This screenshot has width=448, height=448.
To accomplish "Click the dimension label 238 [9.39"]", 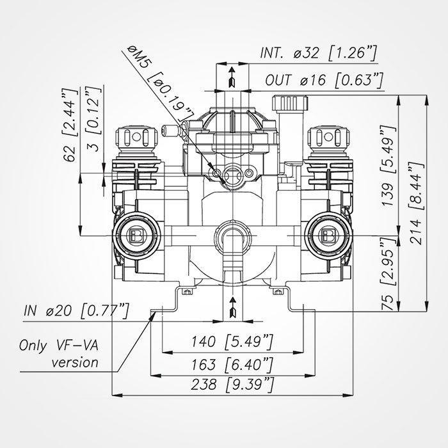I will [x=232, y=385].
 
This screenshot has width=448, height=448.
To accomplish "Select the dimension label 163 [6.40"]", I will [x=232, y=365].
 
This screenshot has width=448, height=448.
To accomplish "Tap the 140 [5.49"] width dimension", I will [x=232, y=340].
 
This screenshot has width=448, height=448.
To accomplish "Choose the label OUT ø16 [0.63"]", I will [x=324, y=80].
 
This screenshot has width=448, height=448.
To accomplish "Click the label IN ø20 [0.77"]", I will [x=75, y=312].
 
